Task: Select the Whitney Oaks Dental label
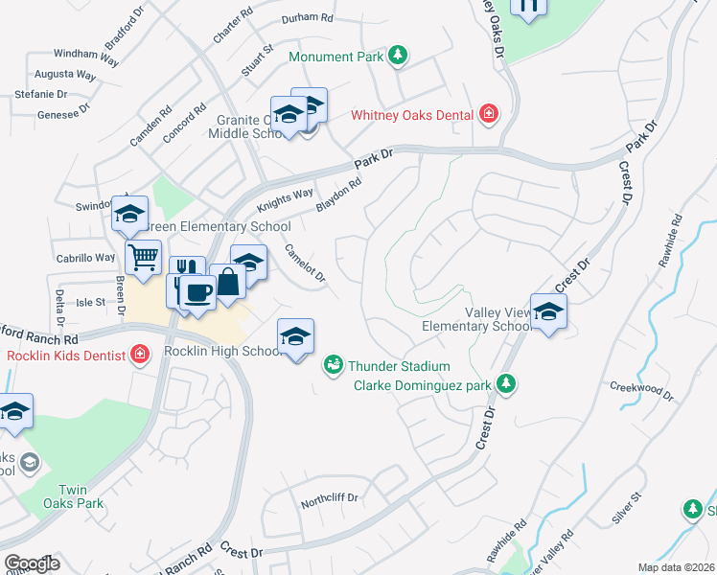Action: [412, 115]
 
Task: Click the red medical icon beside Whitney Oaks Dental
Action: [489, 115]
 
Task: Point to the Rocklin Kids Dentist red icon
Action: [141, 355]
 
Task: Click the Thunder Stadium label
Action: [399, 365]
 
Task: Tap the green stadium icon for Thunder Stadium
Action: [333, 364]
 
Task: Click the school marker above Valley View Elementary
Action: [548, 312]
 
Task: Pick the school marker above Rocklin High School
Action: [296, 336]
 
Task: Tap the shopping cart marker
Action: [143, 256]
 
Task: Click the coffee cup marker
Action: [197, 292]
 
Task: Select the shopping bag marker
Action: [228, 283]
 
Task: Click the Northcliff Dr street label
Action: [329, 498]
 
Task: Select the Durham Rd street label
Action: [307, 18]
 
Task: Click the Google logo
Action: [32, 563]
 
